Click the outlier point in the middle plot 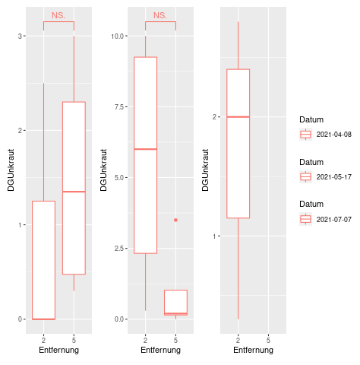point(175,220)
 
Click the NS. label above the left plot point(58,15)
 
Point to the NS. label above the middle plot point(160,15)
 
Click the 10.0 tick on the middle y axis point(117,36)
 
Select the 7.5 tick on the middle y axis point(119,106)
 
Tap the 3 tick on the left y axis point(20,36)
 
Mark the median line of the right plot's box point(238,117)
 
